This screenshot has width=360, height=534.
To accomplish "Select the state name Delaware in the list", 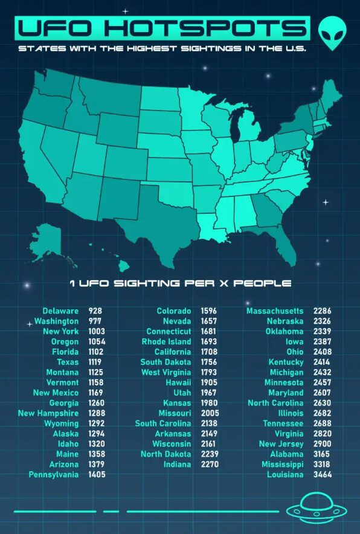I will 60,311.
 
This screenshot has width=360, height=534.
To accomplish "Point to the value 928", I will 95,311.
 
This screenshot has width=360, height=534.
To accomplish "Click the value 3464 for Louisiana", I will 322,475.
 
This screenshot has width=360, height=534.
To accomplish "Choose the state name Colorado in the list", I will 174,311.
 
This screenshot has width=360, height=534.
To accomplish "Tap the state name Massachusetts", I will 275,311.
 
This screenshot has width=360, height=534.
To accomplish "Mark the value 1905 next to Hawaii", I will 208,383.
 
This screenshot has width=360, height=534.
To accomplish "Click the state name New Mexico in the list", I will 56,393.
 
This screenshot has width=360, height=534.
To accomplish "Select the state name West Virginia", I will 166,372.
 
